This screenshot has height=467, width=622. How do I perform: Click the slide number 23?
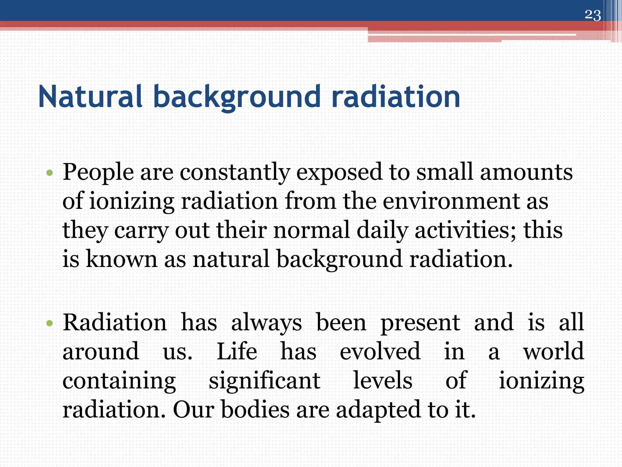coord(593,15)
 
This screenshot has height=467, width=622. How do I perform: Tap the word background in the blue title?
coord(237,97)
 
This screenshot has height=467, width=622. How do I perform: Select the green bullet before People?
coord(50,174)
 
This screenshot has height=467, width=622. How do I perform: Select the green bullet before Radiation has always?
coord(50,323)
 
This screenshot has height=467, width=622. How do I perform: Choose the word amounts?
coord(526,172)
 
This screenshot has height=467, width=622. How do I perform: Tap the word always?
coord(266,323)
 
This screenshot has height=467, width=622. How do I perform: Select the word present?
coord(420,323)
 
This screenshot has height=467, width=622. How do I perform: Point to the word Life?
coord(237,351)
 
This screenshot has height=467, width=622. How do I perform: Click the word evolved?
coord(380,351)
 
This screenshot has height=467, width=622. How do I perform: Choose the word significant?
coord(264,381)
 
